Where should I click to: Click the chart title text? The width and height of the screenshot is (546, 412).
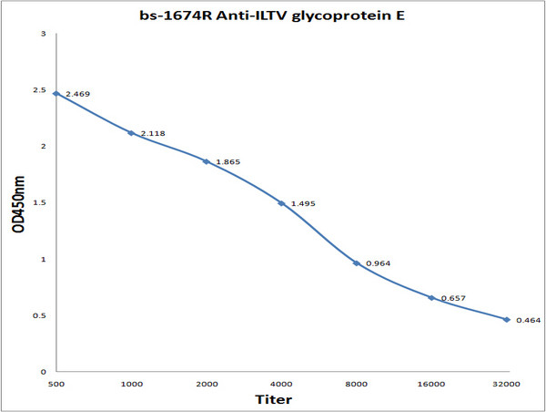coord(273,11)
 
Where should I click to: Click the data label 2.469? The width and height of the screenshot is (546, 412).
coord(77,94)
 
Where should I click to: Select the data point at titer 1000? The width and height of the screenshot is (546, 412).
coord(131,133)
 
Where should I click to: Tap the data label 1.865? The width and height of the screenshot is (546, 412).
coord(228,161)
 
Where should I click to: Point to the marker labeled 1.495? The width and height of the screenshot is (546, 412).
coord(281,203)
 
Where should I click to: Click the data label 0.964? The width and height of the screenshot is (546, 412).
coord(378,263)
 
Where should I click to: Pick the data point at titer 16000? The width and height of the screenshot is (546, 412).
coord(432,297)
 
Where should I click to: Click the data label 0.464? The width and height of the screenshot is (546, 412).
coord(528,320)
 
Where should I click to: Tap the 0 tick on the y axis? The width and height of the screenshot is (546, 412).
coord(43,372)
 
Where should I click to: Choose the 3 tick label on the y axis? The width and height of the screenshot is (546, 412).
coord(43,34)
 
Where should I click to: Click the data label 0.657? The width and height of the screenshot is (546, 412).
coord(453,298)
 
